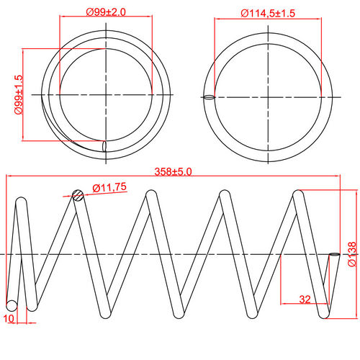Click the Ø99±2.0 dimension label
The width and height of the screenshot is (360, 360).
(x=106, y=12)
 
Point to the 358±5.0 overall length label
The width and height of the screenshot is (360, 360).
(x=174, y=172)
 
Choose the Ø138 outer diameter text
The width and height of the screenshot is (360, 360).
(x=351, y=255)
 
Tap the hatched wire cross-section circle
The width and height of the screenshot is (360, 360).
(x=78, y=194)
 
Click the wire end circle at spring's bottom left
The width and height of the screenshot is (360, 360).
(x=12, y=305)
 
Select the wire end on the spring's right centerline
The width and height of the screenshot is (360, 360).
(x=333, y=254)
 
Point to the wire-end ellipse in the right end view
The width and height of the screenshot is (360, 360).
(x=209, y=96)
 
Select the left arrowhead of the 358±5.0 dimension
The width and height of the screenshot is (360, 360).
(x=9, y=177)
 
